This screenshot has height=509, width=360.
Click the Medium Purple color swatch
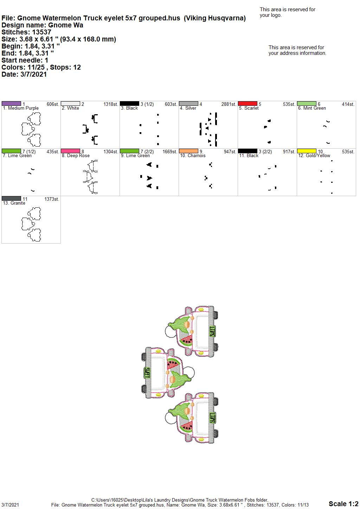coord(11,104)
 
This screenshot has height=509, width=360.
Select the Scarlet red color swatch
coord(247,104)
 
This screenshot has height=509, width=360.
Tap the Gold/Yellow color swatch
coord(307,151)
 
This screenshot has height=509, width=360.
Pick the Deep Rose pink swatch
coord(70,151)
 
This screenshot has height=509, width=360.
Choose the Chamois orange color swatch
coord(188,151)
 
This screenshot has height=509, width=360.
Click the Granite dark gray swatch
coord(11,199)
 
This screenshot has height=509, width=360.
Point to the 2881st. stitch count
coord(229,104)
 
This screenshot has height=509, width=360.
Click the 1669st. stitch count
coord(170,152)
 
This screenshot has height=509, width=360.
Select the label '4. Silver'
coord(188,108)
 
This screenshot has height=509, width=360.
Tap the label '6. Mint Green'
coord(312,108)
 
